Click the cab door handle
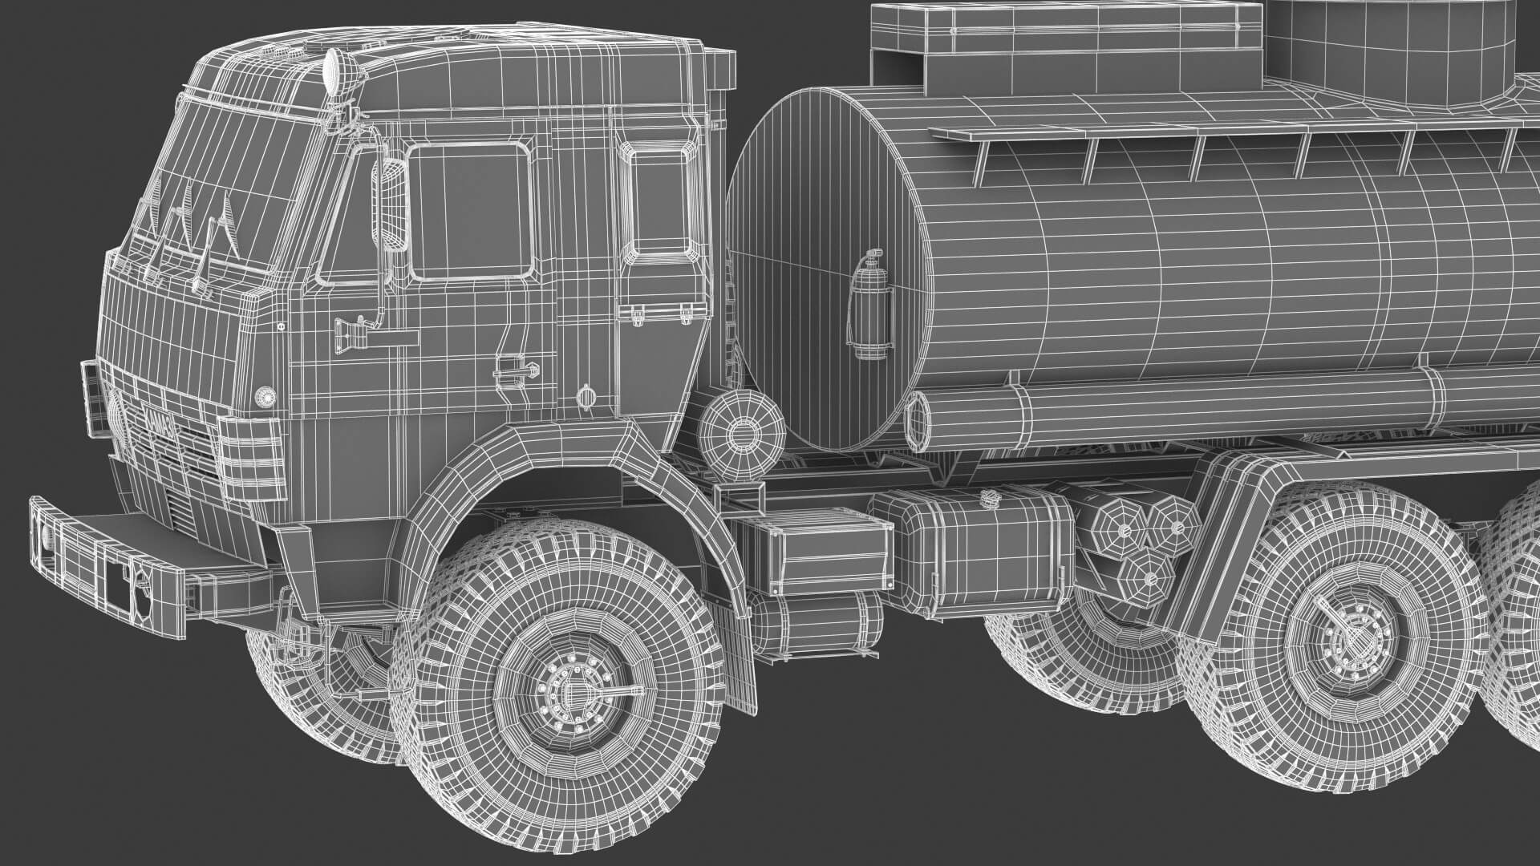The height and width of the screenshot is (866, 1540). coord(513,367)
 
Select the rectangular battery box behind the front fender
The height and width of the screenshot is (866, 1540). coord(814,554)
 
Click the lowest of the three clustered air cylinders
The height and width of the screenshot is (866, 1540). coord(1148,575)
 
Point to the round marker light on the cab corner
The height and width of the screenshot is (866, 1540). coord(263,395)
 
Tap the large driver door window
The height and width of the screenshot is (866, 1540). coord(470,212)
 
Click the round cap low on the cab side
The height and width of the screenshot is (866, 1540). coord(587,395)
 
